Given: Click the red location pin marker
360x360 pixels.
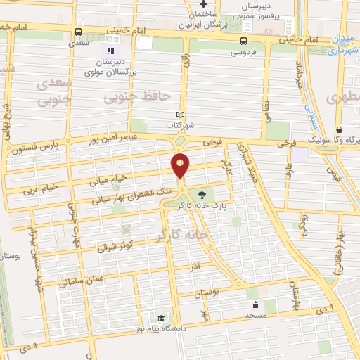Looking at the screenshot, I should (181, 166).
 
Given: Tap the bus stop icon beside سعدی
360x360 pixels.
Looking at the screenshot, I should (78, 32).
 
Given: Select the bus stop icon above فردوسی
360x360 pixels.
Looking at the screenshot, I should (243, 40).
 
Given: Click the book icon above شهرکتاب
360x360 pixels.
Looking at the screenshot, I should (181, 115).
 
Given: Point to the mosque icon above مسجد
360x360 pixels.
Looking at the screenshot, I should (255, 304).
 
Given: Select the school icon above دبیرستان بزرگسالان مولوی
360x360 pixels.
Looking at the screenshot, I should (109, 51).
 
